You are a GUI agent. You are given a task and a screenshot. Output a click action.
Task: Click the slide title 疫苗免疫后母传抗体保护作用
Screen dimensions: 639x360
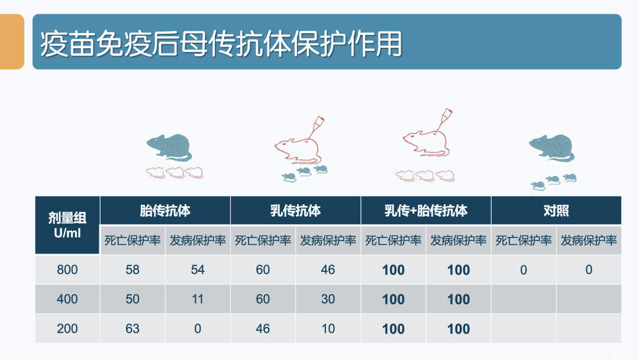tap(221, 43)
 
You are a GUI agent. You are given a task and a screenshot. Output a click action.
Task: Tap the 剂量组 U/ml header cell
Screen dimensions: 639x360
tap(67, 226)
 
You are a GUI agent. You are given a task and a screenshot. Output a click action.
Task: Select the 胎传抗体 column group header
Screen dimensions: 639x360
tap(165, 211)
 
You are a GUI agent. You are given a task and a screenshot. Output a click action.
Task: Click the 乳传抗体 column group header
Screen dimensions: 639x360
tap(295, 211)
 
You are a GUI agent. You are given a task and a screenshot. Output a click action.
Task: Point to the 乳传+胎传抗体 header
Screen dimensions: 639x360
tap(426, 211)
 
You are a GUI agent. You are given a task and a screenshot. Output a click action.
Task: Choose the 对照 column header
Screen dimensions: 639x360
tap(556, 211)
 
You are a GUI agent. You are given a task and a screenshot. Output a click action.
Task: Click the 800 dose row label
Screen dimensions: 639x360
tap(67, 269)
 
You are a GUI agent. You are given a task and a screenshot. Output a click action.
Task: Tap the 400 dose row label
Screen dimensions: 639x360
tap(67, 299)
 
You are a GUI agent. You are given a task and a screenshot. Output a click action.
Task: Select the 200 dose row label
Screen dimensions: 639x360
tap(67, 329)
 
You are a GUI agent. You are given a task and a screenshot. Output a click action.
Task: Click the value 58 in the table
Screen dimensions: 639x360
tap(133, 269)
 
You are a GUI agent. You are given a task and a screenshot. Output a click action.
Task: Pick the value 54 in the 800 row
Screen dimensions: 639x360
tap(198, 269)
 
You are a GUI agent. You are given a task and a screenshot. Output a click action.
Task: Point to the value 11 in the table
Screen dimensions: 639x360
tap(198, 299)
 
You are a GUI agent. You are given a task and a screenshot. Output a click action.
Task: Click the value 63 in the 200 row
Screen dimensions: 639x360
tap(133, 329)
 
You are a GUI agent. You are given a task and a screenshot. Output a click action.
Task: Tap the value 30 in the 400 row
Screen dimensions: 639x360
tap(328, 299)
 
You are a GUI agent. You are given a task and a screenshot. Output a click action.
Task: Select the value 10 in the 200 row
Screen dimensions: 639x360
tap(328, 329)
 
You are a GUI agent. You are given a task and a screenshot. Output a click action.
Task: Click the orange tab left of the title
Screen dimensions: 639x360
tap(12, 41)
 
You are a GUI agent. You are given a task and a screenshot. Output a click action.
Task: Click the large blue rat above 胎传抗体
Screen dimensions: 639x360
tap(169, 147)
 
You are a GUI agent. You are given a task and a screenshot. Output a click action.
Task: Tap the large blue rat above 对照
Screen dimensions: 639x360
tap(551, 148)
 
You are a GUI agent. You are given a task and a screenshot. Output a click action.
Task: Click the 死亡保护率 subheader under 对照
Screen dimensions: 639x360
tap(524, 240)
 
